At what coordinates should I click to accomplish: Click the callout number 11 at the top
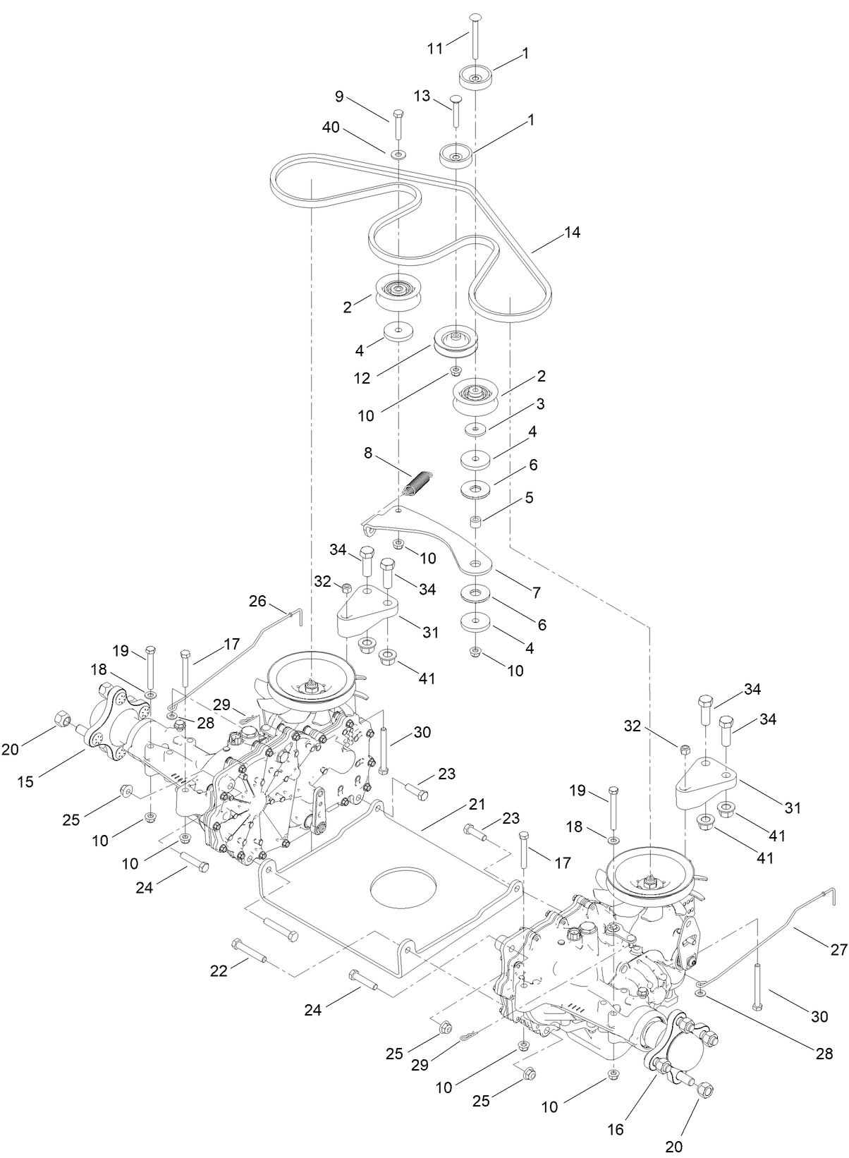pos(436,48)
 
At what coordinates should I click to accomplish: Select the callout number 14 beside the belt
pos(572,232)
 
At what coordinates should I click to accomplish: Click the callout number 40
pos(331,128)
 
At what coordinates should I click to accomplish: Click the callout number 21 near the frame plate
pos(477,805)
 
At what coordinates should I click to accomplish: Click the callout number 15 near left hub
pos(25,781)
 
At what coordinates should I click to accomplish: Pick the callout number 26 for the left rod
pos(258,601)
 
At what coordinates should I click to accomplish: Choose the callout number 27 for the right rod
pos(838,951)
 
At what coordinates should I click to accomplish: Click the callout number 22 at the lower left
pos(219,971)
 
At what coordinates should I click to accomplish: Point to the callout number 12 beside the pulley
pos(362,378)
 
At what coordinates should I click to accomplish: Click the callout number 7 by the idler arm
pos(536,593)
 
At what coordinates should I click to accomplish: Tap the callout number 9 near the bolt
pos(339,96)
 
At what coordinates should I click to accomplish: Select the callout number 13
pos(422,96)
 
